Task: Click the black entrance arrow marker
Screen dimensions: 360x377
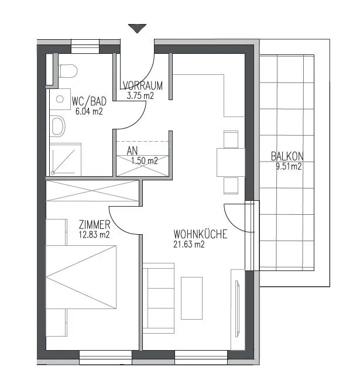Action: coord(137,28)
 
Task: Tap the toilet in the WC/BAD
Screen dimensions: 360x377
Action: coord(68,71)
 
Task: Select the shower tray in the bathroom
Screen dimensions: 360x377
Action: coord(66,159)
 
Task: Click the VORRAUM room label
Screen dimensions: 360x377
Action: coord(143,85)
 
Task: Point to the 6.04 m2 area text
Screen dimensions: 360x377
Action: coord(89,112)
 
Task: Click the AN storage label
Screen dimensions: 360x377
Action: coord(132,151)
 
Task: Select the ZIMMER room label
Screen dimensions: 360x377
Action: coord(94,225)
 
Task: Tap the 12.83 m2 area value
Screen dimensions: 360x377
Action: coord(94,234)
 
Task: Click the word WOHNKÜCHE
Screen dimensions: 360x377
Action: coord(200,234)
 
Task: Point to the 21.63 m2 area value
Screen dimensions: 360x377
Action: coord(189,244)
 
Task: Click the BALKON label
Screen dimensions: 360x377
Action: coord(287,156)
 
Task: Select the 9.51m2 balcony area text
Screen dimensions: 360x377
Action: coord(289,166)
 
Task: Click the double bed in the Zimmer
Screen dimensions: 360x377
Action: coord(81,277)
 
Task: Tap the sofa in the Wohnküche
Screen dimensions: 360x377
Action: coord(159,298)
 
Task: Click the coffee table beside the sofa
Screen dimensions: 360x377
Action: coord(191,298)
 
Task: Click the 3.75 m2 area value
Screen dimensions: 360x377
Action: coord(140,95)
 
